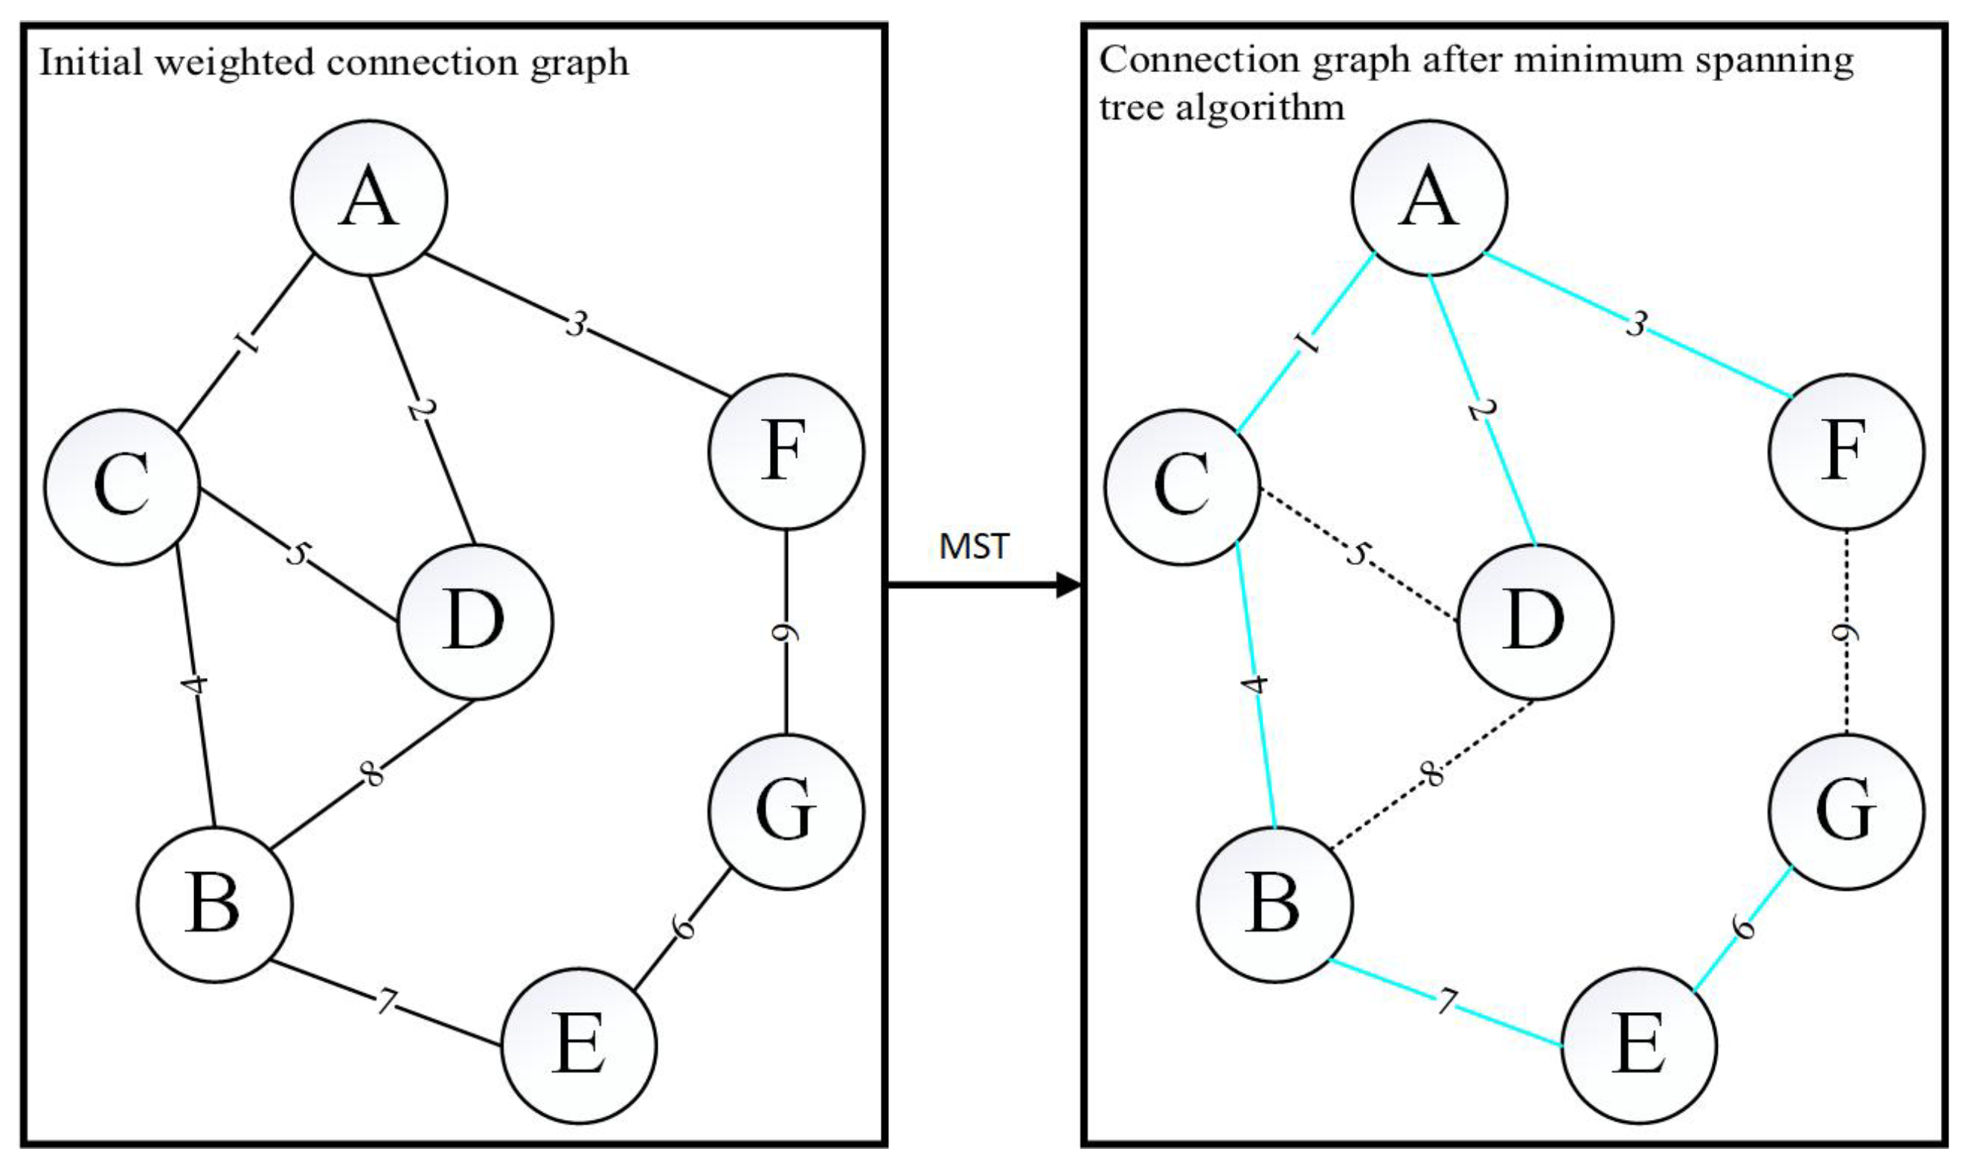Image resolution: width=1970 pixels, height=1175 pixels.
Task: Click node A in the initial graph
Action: (370, 198)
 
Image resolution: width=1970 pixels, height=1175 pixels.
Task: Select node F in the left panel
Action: (786, 452)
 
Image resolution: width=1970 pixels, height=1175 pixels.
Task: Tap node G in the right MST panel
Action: (1846, 811)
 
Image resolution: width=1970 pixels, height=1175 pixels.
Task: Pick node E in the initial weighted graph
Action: (580, 1046)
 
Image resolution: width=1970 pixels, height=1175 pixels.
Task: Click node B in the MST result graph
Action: (1274, 904)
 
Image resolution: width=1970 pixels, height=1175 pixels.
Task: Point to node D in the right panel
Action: (1535, 621)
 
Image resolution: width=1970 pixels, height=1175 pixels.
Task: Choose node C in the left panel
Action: (122, 487)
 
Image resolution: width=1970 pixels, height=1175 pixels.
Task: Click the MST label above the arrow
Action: (974, 547)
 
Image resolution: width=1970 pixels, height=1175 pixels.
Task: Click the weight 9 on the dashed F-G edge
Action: (1847, 633)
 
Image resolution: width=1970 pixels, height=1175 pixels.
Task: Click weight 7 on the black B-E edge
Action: (385, 1002)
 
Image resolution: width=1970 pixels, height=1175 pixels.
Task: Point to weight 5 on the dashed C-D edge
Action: (1356, 554)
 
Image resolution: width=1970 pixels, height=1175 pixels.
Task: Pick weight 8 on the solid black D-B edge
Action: (372, 774)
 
